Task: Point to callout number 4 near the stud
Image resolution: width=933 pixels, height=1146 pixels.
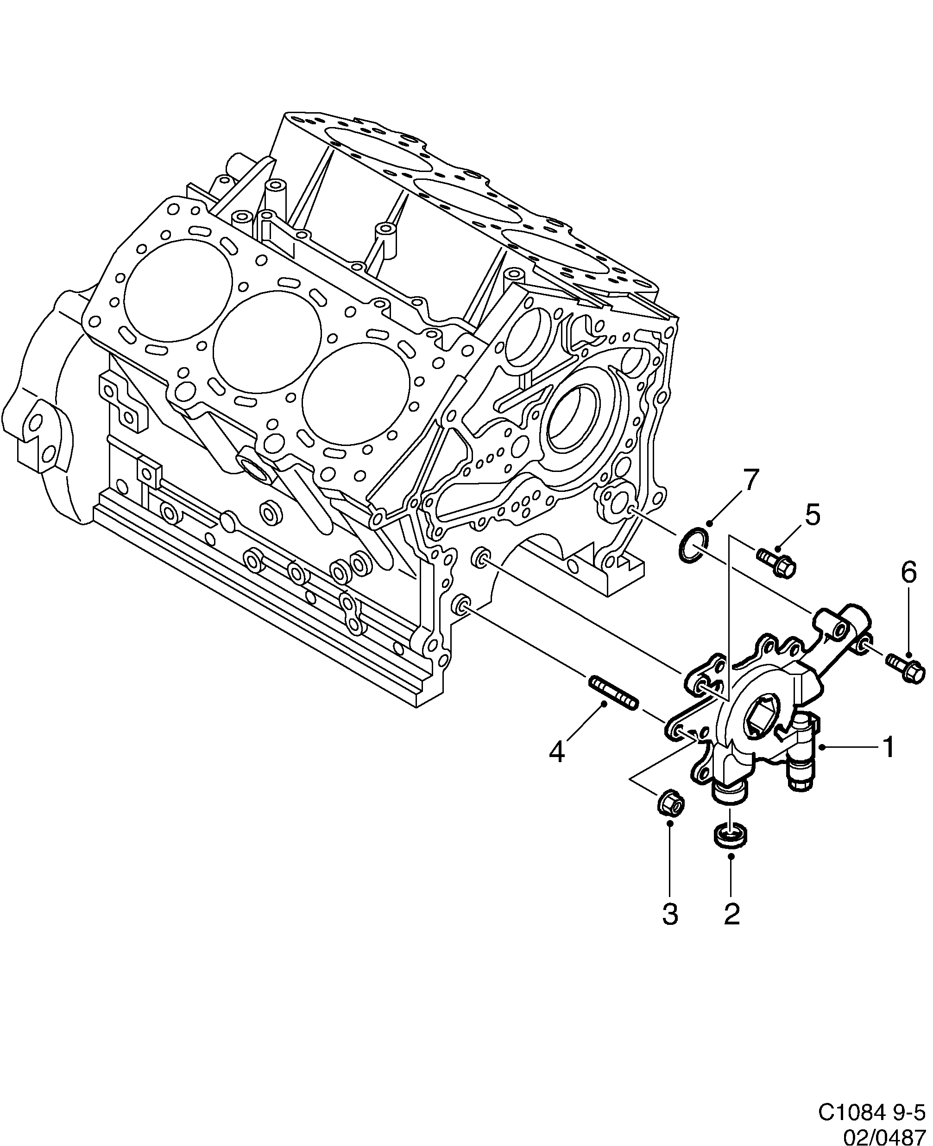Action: (557, 752)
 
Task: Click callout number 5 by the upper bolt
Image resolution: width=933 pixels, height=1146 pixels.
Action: (812, 516)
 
